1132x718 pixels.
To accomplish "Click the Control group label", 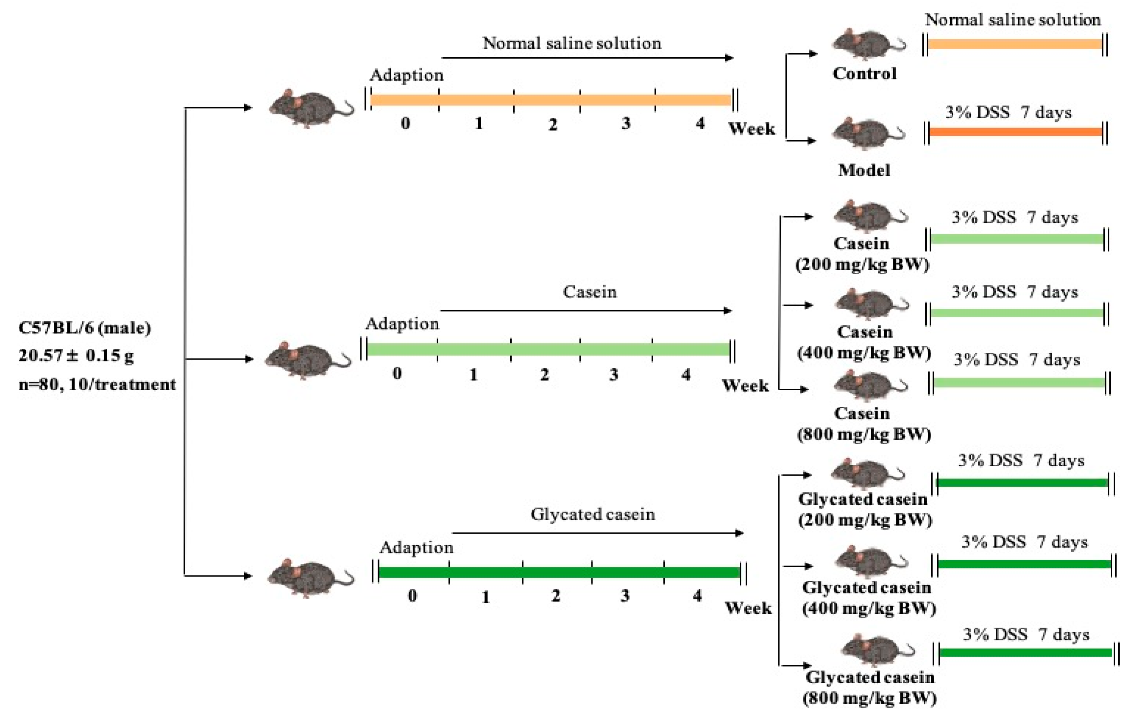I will point(864,73).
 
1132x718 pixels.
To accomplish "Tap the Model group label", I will point(864,170).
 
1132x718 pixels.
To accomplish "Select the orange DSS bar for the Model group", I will point(1015,132).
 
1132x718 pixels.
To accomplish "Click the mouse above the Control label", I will point(867,44).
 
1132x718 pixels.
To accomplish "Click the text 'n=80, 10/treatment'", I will point(97,384).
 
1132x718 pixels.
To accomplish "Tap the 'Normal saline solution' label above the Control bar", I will point(1013,20).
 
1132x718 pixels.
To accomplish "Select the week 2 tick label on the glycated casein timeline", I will point(556,596).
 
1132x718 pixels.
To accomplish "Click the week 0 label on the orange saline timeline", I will point(405,123).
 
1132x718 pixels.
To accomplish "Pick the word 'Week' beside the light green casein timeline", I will point(745,386).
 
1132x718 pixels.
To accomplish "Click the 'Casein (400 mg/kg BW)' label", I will point(864,342).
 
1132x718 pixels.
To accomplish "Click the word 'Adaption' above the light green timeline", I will point(402,324).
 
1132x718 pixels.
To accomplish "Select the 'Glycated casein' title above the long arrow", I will point(592,514).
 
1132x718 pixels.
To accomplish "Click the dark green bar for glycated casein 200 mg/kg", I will point(1022,483).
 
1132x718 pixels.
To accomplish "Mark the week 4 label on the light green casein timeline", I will point(686,375).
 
